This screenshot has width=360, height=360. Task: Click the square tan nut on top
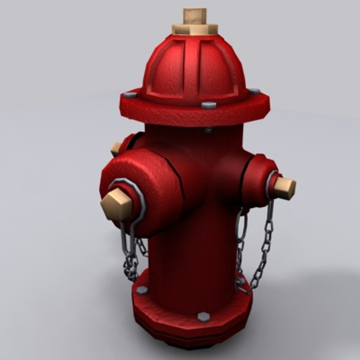(x=195, y=16)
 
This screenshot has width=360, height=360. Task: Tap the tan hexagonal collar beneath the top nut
(x=195, y=29)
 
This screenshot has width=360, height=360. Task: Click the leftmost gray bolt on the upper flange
(x=130, y=95)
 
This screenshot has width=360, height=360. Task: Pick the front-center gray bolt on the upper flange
(x=209, y=105)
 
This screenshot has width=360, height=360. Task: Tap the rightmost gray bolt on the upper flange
(x=254, y=91)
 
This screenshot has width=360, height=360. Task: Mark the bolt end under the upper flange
(x=208, y=129)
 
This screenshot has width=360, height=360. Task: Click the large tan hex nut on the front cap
(x=116, y=204)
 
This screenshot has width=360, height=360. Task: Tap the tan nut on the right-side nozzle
(x=285, y=188)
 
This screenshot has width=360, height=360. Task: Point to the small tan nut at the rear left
(x=116, y=149)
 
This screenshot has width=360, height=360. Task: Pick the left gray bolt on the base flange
(x=142, y=290)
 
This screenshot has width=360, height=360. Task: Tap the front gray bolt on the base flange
(x=203, y=317)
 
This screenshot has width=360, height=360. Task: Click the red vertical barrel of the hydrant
(x=193, y=253)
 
